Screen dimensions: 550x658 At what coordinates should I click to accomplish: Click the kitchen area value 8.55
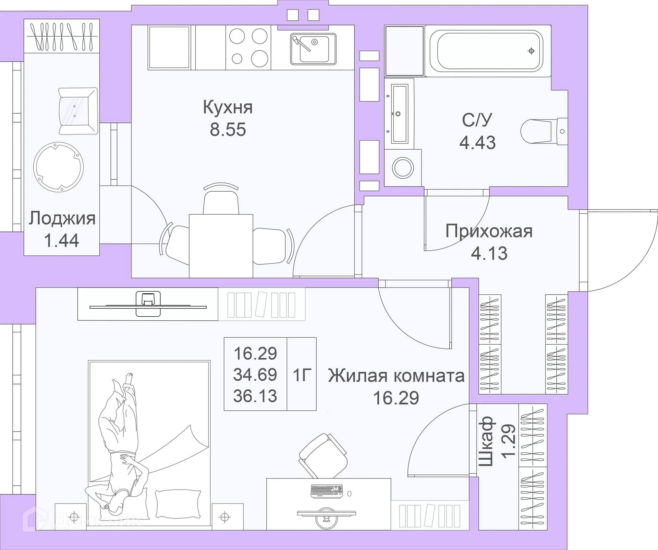[228, 130]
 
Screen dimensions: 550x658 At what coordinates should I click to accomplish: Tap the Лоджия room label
[62, 218]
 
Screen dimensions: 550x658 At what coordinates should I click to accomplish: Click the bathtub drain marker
[531, 51]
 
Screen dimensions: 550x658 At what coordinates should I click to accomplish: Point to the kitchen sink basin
[314, 49]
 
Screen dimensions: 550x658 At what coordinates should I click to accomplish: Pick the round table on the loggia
[59, 167]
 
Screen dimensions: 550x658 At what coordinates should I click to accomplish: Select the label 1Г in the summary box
[302, 375]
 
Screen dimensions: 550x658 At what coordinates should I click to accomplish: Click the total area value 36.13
[255, 396]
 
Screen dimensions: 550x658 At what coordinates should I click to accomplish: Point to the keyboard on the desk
[327, 491]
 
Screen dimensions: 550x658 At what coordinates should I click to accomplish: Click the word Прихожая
[489, 231]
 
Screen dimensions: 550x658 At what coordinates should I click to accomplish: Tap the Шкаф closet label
[486, 441]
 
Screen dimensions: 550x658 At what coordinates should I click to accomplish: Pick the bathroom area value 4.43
[477, 143]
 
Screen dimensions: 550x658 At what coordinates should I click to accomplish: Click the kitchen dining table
[221, 245]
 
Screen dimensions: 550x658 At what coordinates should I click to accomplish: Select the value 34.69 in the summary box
[255, 374]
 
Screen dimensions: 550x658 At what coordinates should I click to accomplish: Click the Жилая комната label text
[396, 376]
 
